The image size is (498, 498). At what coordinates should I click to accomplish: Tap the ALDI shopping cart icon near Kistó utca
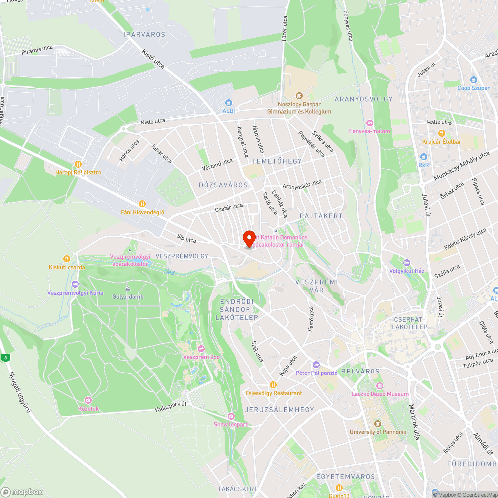click(229, 102)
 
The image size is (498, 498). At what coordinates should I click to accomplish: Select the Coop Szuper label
click(473, 88)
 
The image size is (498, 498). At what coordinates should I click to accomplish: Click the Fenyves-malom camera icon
click(369, 123)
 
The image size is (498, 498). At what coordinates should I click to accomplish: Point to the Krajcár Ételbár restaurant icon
click(441, 133)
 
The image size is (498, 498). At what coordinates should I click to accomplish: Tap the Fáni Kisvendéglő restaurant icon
click(142, 203)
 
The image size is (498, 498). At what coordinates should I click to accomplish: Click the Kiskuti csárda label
click(66, 267)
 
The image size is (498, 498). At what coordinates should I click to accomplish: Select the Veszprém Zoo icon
click(201, 349)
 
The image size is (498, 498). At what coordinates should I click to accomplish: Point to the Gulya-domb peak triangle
click(128, 289)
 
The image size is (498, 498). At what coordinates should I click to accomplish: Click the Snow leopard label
click(231, 424)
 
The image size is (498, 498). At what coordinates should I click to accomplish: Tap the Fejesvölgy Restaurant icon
click(273, 384)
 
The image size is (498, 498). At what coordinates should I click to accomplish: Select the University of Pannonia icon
click(378, 423)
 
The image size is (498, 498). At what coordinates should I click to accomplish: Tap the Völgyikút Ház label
click(407, 271)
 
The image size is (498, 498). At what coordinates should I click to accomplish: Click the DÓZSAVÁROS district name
click(223, 185)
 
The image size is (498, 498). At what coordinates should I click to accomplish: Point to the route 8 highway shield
click(5, 357)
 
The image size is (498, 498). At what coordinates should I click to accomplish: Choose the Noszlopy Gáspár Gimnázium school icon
click(299, 96)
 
